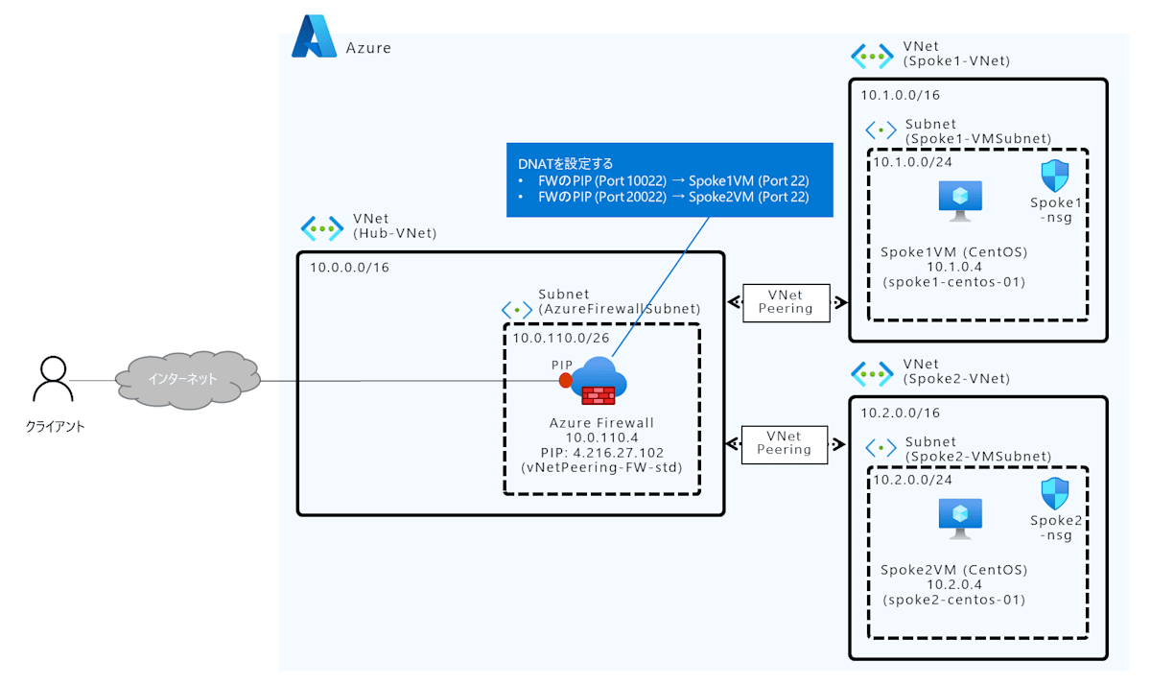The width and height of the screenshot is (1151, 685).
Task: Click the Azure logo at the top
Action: [x=315, y=38]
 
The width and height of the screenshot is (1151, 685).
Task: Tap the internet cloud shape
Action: [x=188, y=380]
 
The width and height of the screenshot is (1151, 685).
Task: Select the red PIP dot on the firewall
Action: [x=566, y=381]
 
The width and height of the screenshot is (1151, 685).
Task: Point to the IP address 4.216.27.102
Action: [x=622, y=452]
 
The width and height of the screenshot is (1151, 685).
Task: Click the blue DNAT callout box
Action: [x=669, y=179]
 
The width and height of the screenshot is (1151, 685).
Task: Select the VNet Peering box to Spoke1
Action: [x=786, y=302]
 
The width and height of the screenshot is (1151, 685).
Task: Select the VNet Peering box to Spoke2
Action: [x=786, y=442]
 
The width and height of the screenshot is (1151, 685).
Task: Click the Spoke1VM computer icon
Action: [x=954, y=199]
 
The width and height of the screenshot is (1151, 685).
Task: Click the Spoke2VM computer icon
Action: [x=954, y=518]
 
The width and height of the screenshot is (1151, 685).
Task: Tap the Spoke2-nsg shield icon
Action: [x=1055, y=493]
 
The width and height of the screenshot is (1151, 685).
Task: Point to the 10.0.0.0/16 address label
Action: [x=349, y=268]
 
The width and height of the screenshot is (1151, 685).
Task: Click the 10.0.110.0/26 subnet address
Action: [x=561, y=338]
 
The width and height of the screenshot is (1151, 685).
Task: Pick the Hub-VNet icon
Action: [x=322, y=227]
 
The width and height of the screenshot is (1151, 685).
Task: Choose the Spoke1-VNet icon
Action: [x=873, y=55]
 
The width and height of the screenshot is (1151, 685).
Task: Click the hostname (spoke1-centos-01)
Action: [x=954, y=282]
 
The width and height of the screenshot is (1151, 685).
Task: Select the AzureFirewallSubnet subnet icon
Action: [x=518, y=310]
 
